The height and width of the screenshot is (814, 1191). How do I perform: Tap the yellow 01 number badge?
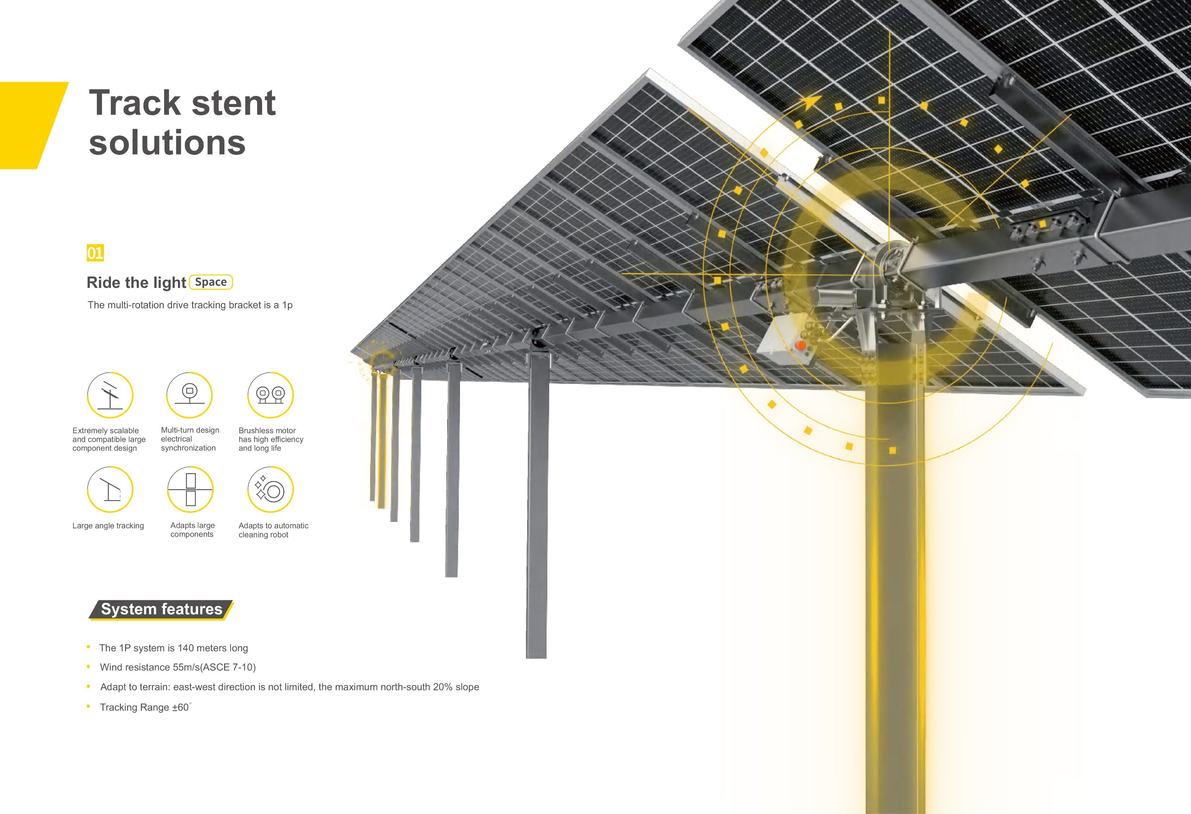pyautogui.click(x=95, y=253)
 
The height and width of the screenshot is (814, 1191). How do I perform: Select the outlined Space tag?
pyautogui.click(x=211, y=282)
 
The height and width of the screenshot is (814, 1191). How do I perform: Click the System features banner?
pyautogui.click(x=161, y=609)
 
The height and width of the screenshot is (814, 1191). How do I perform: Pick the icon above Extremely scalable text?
pyautogui.click(x=110, y=395)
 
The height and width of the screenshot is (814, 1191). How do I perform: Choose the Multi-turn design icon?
pyautogui.click(x=190, y=395)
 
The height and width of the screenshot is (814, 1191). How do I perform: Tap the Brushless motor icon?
pyautogui.click(x=271, y=395)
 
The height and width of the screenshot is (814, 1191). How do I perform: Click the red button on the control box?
pyautogui.click(x=800, y=345)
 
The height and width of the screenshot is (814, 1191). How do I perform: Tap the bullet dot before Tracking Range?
pyautogui.click(x=89, y=706)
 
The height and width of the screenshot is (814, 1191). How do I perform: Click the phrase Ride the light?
pyautogui.click(x=136, y=283)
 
